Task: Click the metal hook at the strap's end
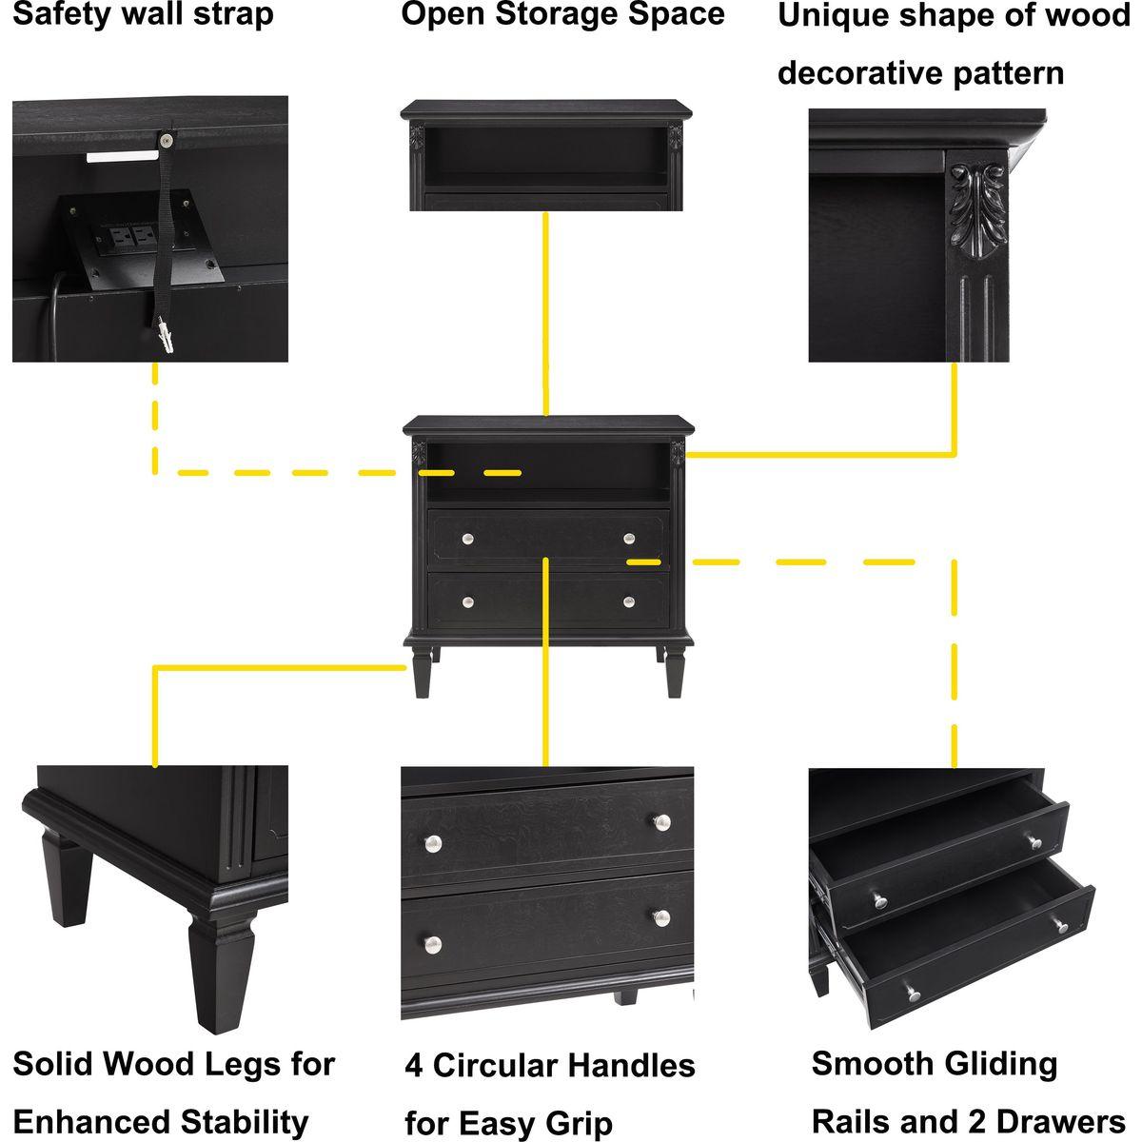167,335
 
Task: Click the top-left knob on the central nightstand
467,540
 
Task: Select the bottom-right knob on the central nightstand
628,601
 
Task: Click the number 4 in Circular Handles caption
414,1065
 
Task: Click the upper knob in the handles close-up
661,821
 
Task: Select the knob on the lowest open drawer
914,993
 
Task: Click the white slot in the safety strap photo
121,155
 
